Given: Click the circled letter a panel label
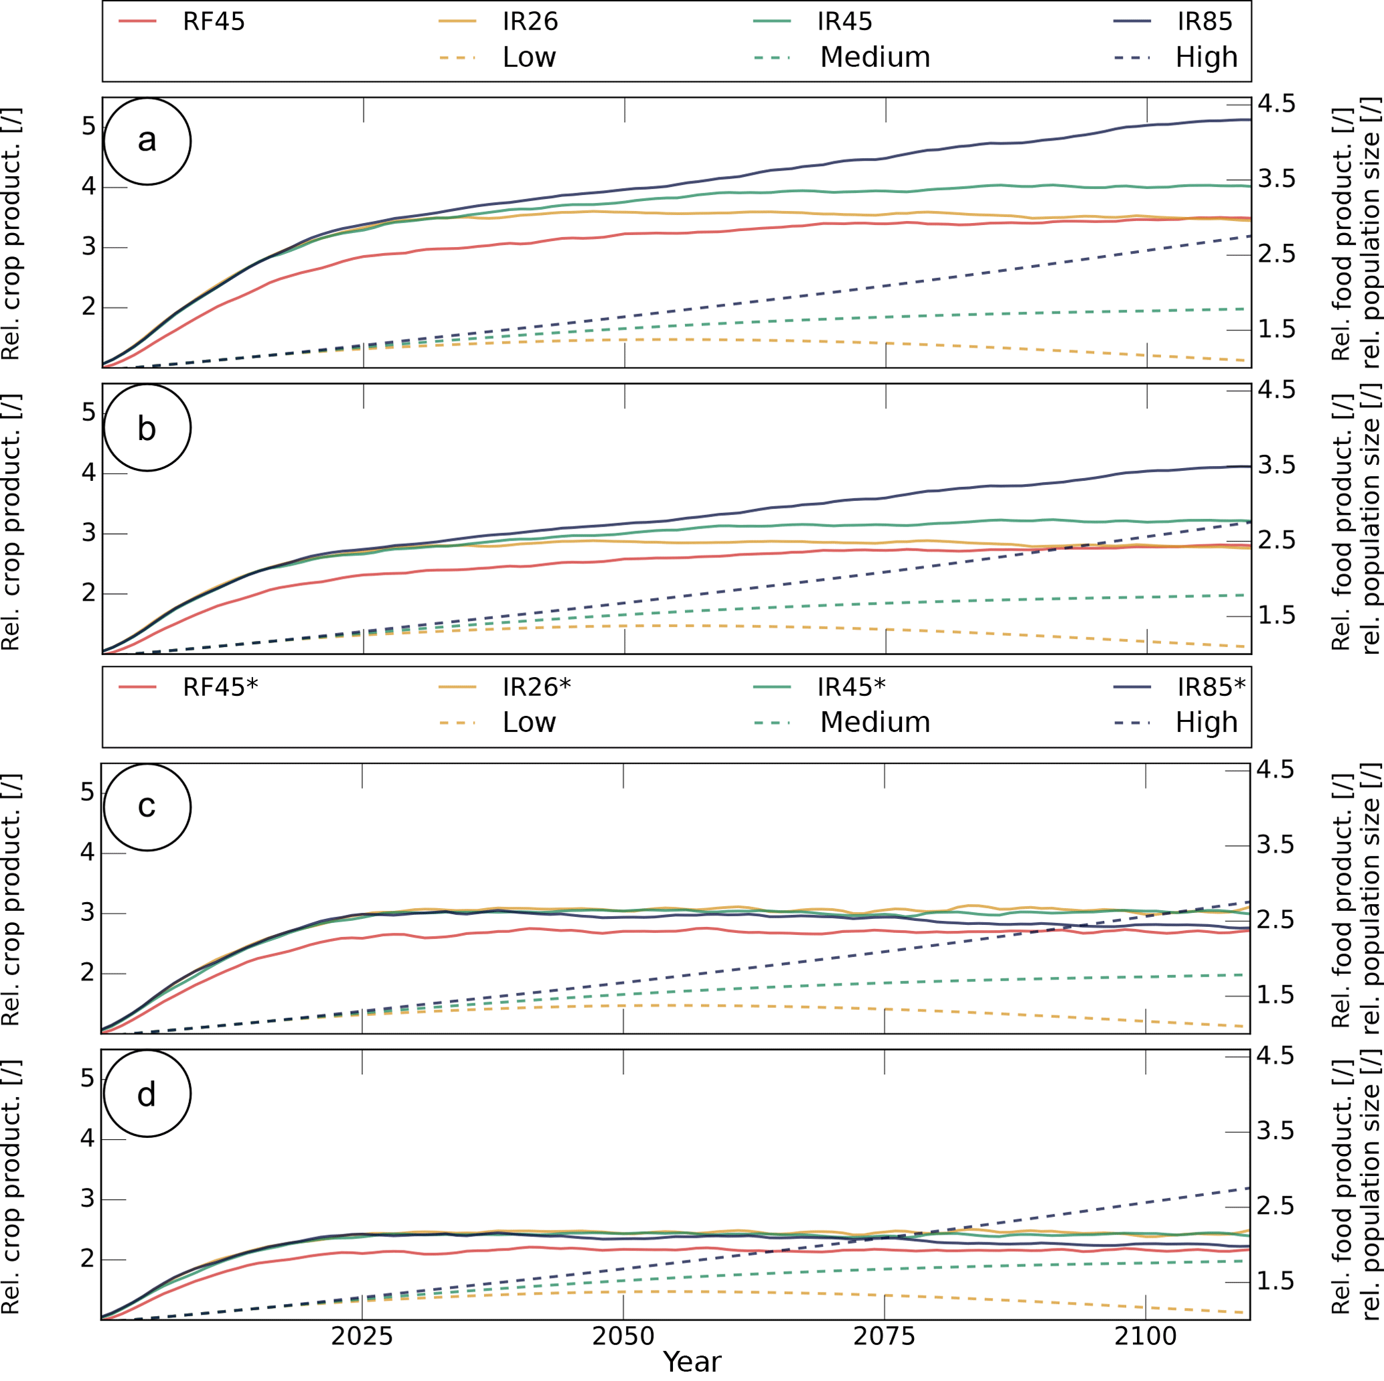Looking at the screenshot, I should [x=147, y=141].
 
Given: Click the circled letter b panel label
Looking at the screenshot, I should [x=147, y=428].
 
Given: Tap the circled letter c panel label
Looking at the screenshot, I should [x=147, y=806].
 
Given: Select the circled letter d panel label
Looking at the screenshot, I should [x=147, y=1094].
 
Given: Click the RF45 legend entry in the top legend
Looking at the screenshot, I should [x=214, y=21].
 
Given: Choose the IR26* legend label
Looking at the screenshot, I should [x=536, y=686].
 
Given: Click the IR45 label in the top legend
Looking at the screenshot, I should [x=844, y=21].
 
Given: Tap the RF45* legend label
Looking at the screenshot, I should [x=220, y=686].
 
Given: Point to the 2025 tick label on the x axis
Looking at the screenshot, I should [x=362, y=1337].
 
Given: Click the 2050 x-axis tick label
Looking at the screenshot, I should [x=623, y=1337].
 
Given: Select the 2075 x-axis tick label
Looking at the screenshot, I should [x=884, y=1337].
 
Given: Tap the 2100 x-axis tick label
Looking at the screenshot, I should [x=1146, y=1337].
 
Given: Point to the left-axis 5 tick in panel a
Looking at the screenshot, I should [x=88, y=126].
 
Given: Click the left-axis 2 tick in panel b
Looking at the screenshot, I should [x=88, y=593].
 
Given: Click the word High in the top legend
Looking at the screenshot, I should [x=1207, y=57].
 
